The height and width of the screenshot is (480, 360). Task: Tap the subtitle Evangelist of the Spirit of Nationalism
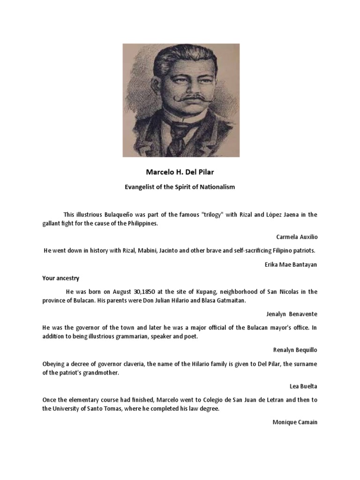180,187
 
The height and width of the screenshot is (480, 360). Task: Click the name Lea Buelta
303,385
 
